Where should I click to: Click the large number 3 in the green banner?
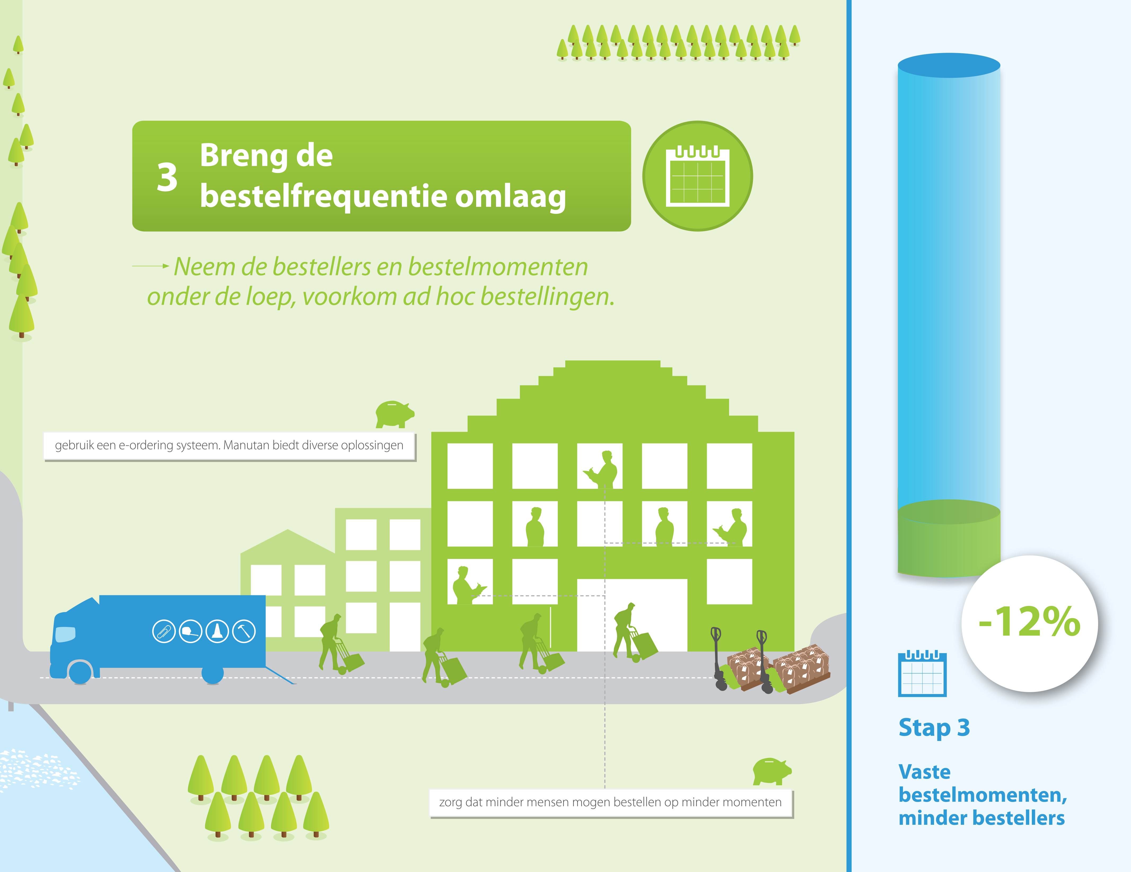pos(167,177)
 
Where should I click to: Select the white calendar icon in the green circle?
pos(698,176)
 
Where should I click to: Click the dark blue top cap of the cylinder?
pos(949,65)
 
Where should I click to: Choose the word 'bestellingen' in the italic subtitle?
pos(547,297)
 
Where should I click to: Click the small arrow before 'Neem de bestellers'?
pos(151,266)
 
